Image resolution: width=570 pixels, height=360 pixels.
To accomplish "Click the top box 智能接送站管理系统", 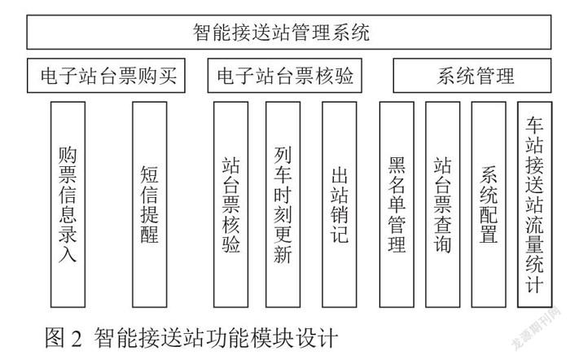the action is (289, 32).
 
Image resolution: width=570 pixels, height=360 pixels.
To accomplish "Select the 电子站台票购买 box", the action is (106, 76).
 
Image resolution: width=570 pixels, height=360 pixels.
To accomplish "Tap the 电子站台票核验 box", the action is (285, 76).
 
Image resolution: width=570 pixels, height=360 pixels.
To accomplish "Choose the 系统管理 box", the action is (472, 76).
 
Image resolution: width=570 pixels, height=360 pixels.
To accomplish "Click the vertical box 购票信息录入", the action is (68, 204).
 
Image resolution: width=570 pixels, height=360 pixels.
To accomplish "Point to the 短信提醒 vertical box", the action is (150, 204).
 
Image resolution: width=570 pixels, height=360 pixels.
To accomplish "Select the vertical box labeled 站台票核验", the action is (230, 204).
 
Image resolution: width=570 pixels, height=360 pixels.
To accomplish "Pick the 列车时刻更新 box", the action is (283, 204).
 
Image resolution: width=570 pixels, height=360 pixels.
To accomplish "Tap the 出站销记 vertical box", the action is (340, 204).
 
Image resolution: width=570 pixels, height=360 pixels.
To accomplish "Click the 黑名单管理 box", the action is (397, 204).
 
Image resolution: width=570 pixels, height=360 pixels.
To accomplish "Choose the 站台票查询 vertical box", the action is (442, 204).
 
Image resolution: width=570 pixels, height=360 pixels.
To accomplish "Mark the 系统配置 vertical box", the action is (489, 204).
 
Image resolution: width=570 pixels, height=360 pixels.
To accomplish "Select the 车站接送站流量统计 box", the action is (535, 204).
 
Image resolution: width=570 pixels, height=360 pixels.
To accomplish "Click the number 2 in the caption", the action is (77, 338).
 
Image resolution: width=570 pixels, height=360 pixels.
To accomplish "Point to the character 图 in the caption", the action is (55, 337).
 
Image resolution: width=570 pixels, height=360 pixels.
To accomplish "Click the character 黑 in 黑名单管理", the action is (397, 165).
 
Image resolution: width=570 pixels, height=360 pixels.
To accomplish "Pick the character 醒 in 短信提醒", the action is (149, 234).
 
